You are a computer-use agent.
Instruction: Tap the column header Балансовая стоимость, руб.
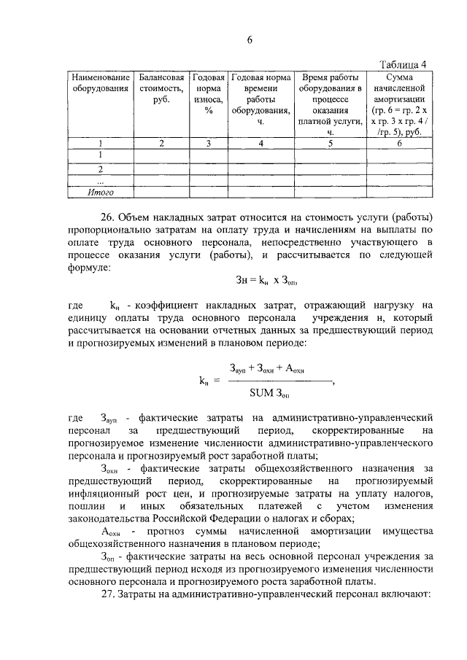161,88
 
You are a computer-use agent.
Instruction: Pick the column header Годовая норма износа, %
208,94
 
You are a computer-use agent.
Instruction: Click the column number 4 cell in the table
260,144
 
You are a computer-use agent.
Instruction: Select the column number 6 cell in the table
399,144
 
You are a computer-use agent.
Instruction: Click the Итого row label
101,193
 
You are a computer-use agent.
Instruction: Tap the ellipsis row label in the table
101,180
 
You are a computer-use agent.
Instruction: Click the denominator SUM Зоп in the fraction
269,394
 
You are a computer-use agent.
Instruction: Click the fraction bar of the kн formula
278,381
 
